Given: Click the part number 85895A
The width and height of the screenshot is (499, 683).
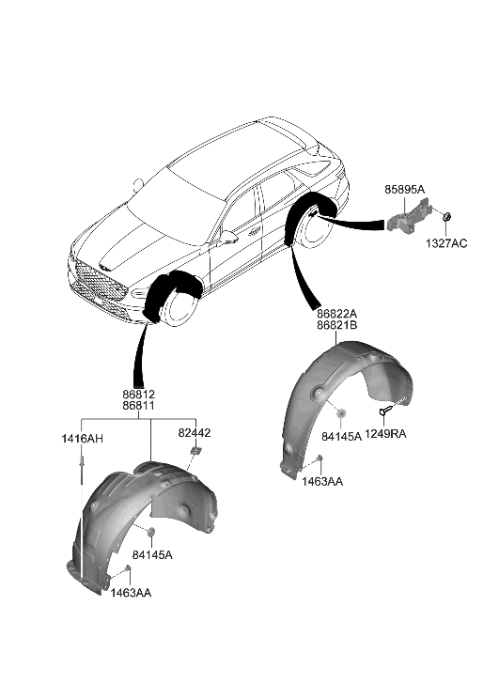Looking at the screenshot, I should click(x=404, y=190).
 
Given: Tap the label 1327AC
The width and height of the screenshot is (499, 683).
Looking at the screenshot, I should click(x=444, y=244).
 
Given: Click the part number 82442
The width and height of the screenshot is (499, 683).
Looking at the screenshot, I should click(x=195, y=433).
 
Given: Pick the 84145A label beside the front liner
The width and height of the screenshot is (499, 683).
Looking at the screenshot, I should click(x=154, y=555).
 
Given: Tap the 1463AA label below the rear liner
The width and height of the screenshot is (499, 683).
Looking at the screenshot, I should click(x=323, y=480).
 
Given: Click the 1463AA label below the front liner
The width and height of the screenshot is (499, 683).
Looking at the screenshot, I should click(x=132, y=594).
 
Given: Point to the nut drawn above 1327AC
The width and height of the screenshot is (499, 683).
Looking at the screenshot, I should click(x=447, y=219).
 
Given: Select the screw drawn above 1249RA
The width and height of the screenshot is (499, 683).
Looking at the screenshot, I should click(x=388, y=411).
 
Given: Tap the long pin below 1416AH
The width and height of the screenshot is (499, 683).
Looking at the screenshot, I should click(x=84, y=470).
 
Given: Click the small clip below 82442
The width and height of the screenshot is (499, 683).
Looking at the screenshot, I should click(x=195, y=454).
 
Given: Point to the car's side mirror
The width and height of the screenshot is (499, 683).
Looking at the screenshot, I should click(x=226, y=238).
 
